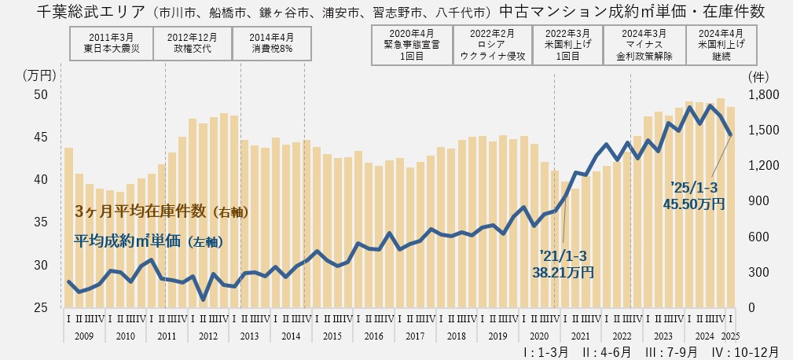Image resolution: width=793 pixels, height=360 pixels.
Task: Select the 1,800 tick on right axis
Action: [x=760, y=94]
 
